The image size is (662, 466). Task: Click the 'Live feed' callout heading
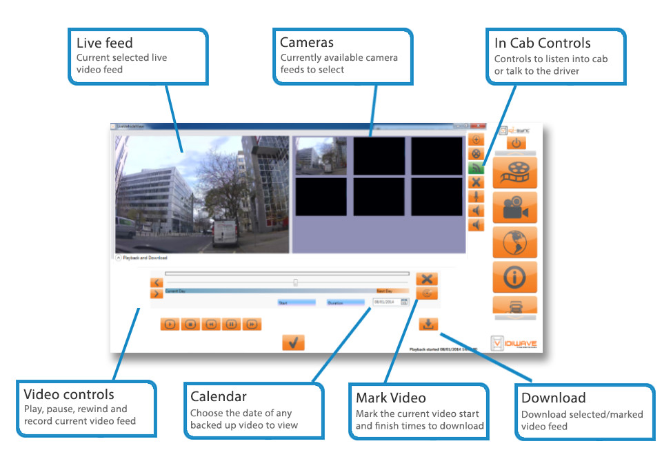(105, 43)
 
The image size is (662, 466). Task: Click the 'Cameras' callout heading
(307, 43)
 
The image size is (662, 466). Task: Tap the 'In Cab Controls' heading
(542, 43)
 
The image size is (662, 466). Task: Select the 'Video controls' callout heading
(69, 395)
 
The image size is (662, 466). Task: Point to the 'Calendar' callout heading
(218, 397)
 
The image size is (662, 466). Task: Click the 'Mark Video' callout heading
(390, 398)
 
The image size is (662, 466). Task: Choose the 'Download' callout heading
(553, 398)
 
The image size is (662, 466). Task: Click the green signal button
(476, 168)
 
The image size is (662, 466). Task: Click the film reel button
(514, 173)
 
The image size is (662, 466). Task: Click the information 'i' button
(514, 278)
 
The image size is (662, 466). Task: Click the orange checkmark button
(293, 342)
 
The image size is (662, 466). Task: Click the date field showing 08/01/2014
(385, 302)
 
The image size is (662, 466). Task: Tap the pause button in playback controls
(232, 324)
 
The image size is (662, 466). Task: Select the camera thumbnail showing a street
(321, 156)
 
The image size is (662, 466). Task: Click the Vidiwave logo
(514, 342)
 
